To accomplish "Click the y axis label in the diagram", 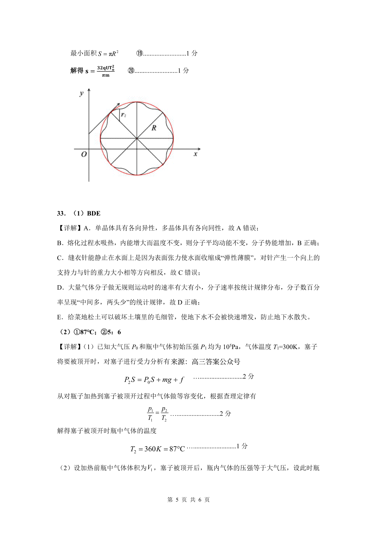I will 82,93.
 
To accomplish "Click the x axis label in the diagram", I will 195,154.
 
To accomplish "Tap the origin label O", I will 84,154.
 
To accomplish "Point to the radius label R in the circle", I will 154,128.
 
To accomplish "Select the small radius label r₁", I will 123,115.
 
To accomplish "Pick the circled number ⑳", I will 131,71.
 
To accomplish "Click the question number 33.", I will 61,214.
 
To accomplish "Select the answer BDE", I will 94,214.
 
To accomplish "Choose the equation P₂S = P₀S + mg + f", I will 154,380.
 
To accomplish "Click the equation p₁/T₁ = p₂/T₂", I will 157,414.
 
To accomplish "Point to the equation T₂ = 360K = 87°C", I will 157,449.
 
